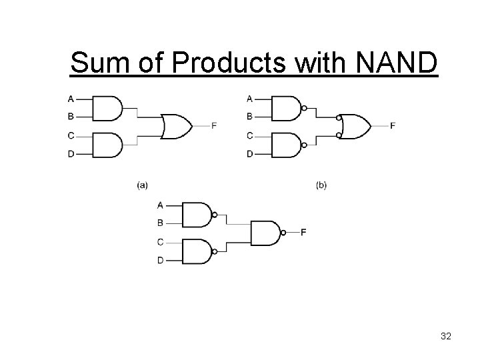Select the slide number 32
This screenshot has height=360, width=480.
446,337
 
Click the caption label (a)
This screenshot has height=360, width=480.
142,185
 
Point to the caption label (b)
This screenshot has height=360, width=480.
321,185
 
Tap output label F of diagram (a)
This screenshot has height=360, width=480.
214,126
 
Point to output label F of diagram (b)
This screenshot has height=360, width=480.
393,126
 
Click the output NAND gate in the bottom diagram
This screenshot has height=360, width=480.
265,233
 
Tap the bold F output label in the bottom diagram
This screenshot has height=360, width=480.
304,233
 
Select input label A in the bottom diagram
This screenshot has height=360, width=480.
160,205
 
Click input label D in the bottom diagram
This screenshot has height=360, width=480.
160,260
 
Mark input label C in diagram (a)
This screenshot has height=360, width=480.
71,136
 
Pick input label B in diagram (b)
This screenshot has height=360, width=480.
250,117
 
